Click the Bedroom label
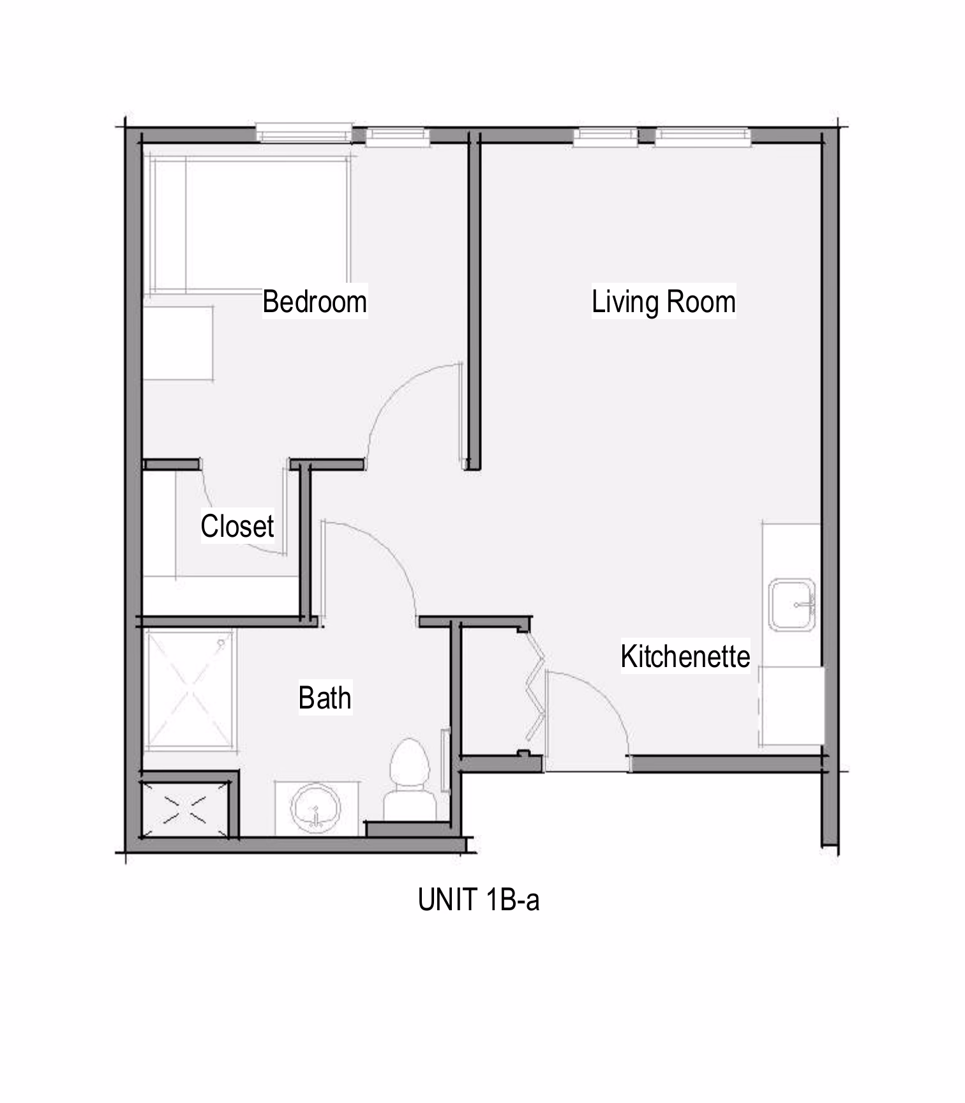click(x=315, y=301)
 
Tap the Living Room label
click(x=664, y=301)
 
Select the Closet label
click(x=237, y=526)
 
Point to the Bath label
click(x=325, y=698)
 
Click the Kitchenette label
click(x=685, y=656)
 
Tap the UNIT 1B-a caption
click(x=479, y=899)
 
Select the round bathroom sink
click(x=315, y=808)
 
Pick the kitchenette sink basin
click(x=792, y=604)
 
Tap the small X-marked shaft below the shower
click(x=185, y=809)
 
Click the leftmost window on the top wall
click(x=304, y=133)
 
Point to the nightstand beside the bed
click(x=178, y=343)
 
